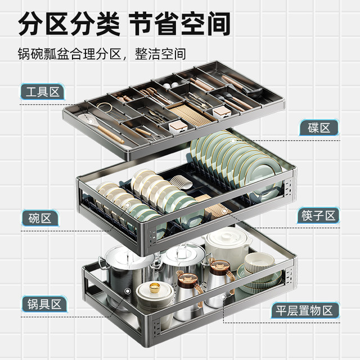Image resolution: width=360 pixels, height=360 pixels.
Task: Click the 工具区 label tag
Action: point(42,92)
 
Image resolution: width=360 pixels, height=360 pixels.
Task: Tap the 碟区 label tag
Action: point(319,128)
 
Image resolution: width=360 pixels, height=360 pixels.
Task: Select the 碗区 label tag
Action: point(40,218)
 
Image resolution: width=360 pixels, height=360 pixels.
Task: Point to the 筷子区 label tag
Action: point(318,215)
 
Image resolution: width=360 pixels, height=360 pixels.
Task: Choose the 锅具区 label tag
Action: point(44,304)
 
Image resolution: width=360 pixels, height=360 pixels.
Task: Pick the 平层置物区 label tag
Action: point(305,310)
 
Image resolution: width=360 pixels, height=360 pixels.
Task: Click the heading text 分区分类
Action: point(69,24)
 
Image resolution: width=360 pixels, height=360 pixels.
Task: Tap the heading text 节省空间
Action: point(179,24)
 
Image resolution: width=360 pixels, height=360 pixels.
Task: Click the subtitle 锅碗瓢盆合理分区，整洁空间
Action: point(102,54)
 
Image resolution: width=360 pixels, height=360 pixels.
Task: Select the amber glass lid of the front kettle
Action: point(187,280)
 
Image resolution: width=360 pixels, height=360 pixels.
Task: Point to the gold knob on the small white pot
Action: point(155,286)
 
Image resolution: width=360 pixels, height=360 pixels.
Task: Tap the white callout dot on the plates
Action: point(233,141)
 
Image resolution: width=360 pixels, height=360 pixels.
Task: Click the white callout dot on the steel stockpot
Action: point(128,291)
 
